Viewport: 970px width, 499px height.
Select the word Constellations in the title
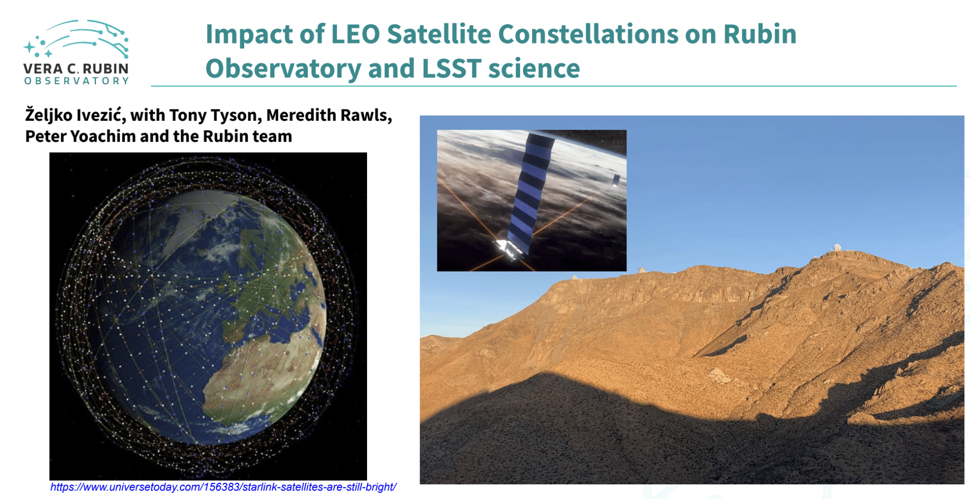pos(588,34)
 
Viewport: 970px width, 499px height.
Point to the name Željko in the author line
pos(49,115)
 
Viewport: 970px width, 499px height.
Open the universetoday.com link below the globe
pos(223,487)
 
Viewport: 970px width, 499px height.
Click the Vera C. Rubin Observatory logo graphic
pos(77,39)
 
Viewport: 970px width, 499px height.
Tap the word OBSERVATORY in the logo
pos(77,81)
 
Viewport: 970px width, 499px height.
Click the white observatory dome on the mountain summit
pos(837,247)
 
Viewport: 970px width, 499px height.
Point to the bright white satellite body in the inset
pos(508,249)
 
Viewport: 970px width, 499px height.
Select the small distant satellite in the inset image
pos(616,180)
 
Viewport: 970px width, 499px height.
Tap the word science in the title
pos(534,68)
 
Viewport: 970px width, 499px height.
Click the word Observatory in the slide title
pos(283,68)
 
